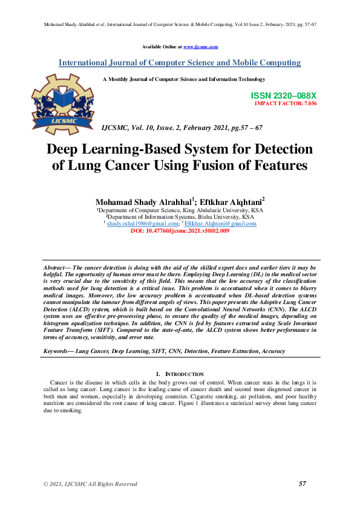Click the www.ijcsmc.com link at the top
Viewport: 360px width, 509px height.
pos(200,47)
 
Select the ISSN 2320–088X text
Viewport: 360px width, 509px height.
pos(283,96)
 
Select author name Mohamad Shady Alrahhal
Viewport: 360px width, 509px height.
pos(136,201)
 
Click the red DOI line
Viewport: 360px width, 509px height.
pos(180,231)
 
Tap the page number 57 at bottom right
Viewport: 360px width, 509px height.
pos(303,484)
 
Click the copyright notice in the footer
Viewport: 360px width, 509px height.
pos(90,484)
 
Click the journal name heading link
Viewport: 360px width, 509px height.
pos(180,63)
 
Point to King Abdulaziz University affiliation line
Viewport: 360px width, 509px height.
pos(180,210)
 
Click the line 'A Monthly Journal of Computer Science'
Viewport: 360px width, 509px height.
pos(184,79)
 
